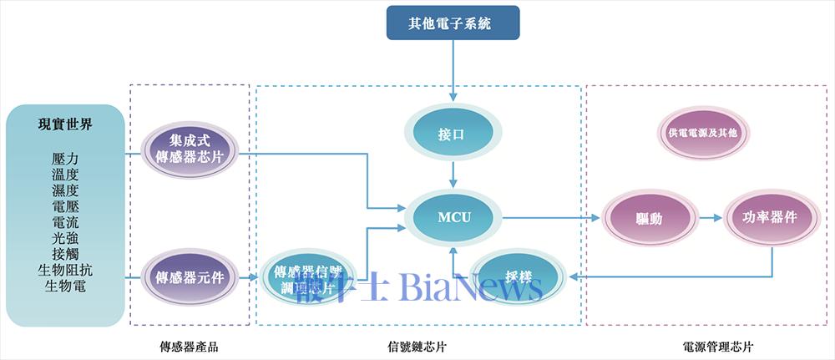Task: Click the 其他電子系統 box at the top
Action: (453, 23)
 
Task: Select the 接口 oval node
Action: (452, 134)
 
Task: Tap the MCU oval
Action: (454, 218)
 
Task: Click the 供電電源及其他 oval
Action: (703, 133)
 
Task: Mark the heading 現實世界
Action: (65, 125)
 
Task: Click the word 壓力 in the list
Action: (65, 158)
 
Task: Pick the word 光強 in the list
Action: (65, 238)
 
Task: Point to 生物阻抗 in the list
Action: (65, 270)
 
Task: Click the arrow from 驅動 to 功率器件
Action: (710, 218)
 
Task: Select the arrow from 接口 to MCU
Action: (453, 174)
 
